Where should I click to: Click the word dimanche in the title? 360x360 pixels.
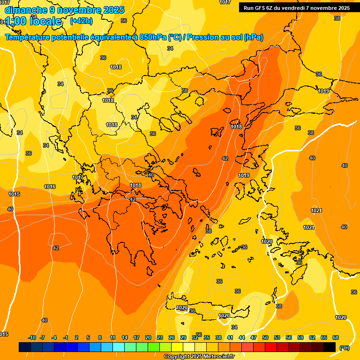click(25, 10)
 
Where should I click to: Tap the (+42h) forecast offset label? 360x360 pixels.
click(81, 21)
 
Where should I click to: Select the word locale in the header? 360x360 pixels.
click(45, 21)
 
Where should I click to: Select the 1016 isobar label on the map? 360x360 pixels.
click(50, 187)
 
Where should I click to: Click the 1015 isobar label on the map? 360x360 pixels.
click(14, 194)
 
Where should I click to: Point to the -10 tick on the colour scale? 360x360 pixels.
click(32, 337)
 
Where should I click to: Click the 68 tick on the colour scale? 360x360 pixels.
click(336, 337)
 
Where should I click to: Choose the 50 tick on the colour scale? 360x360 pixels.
click(265, 337)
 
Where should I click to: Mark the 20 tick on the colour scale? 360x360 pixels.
click(148, 337)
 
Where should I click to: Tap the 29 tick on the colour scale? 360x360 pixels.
click(183, 337)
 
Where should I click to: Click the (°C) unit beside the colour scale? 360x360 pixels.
click(344, 347)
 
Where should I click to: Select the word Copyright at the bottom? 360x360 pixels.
click(177, 357)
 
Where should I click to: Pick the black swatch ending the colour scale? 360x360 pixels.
click(330, 347)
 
